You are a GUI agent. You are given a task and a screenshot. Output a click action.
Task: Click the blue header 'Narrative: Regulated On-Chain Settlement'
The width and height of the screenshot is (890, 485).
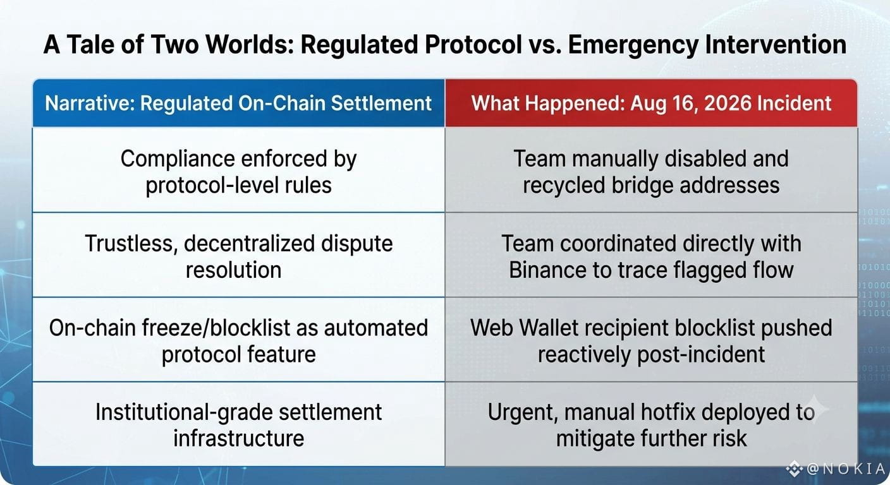pos(238,103)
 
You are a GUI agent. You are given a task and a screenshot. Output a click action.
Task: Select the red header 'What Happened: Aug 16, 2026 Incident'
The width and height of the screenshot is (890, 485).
pos(651,103)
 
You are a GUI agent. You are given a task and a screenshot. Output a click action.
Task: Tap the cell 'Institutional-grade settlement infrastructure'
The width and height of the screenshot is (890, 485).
pos(238,424)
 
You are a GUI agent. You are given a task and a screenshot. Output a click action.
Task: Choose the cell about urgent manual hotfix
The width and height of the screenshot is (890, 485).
pos(651,424)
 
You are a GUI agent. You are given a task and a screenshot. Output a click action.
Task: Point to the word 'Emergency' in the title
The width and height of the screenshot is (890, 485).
pos(633,45)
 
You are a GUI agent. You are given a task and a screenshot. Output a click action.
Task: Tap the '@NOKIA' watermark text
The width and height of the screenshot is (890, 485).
pos(847,469)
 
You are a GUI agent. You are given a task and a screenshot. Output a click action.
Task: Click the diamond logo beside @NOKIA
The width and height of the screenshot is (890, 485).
pos(794,469)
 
